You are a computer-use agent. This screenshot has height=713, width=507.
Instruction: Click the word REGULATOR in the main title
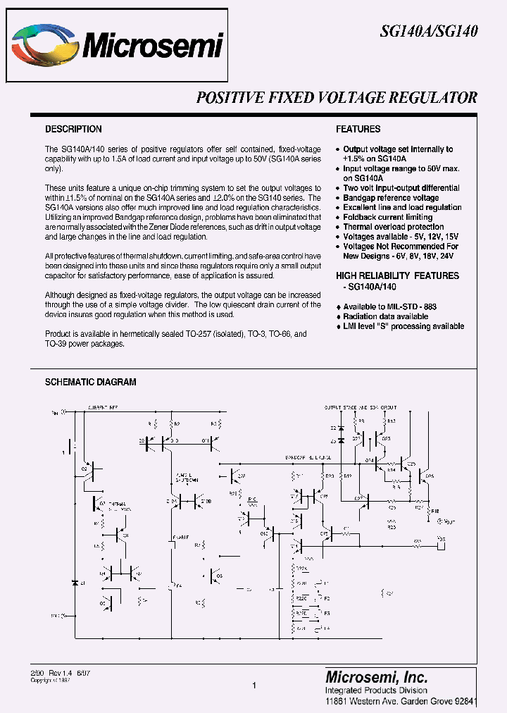432,98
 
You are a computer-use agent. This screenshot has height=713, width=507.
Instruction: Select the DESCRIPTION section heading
73,130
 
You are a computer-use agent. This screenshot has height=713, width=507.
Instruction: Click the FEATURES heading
358,130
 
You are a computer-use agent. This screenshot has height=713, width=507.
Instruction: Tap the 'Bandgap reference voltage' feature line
391,198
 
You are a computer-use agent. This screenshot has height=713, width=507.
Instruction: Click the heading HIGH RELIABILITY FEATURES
397,275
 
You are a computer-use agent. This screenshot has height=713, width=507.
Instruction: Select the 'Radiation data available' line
389,317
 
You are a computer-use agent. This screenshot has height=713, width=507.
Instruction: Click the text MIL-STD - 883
411,307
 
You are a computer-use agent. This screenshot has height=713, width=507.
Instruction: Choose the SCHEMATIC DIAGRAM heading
90,382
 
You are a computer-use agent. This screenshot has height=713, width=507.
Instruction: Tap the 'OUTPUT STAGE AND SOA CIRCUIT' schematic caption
360,408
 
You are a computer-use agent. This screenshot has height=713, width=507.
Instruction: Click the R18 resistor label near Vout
434,512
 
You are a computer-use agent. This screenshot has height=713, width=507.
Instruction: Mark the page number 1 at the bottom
254,685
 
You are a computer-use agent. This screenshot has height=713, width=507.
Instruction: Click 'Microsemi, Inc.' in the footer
376,676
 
